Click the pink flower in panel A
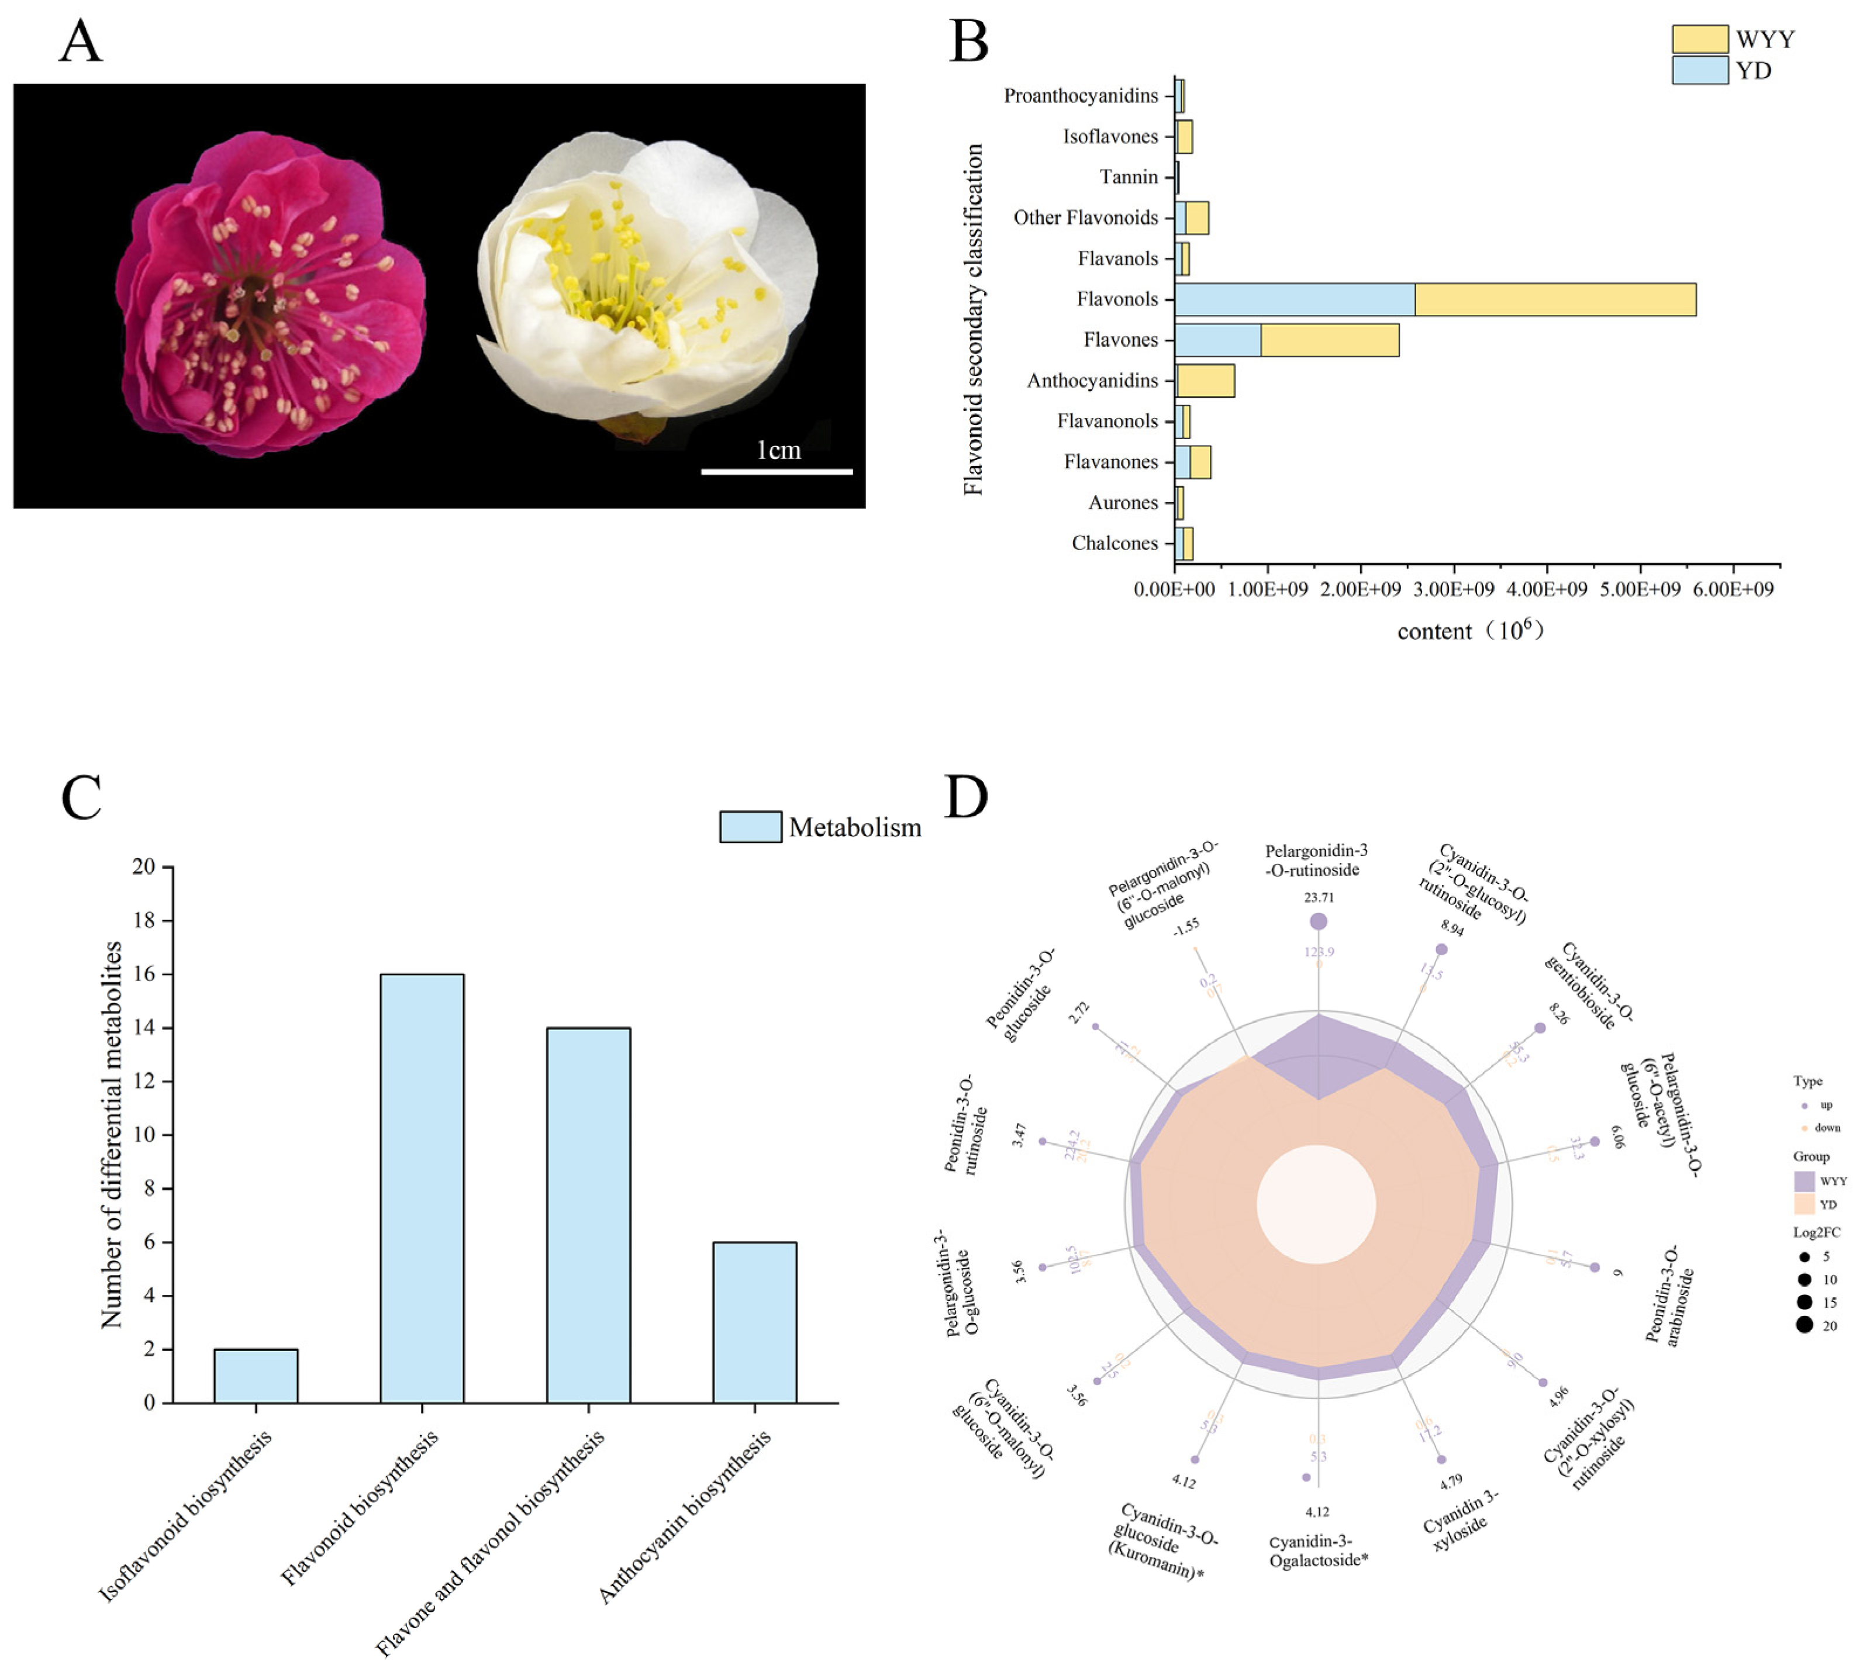coord(271,294)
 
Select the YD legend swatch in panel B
coord(1699,71)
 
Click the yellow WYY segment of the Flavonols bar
coord(1555,299)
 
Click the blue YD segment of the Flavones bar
coord(1217,340)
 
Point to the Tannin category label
coord(1129,177)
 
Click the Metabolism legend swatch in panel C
coord(750,827)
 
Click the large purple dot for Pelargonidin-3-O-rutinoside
coord(1319,921)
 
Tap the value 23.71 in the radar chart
coord(1319,897)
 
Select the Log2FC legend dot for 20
coord(1805,1325)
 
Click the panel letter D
coord(966,796)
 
